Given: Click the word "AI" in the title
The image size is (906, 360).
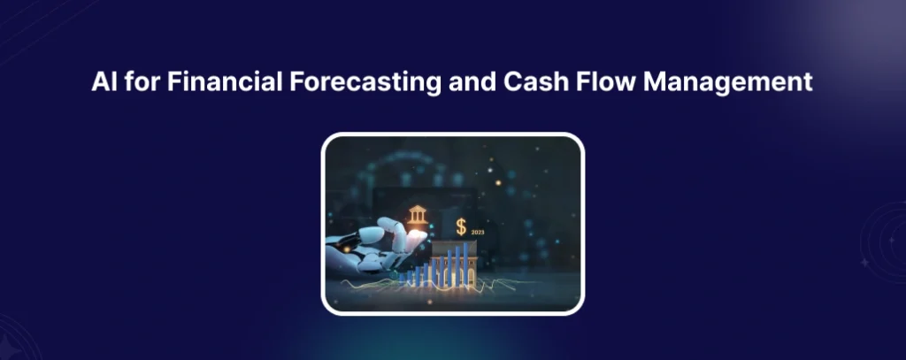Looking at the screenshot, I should [x=104, y=83].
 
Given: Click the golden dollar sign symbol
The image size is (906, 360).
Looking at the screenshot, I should [x=461, y=226].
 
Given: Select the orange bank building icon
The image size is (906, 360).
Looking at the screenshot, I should [x=416, y=215].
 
